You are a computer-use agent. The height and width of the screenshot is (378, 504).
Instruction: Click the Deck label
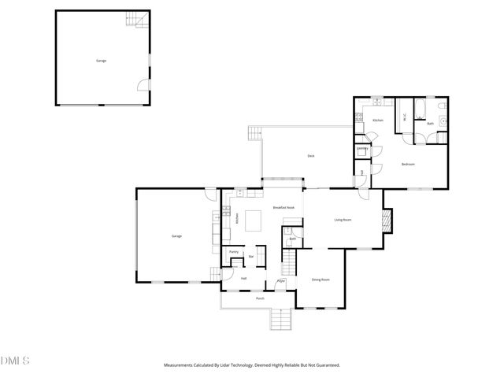(x=311, y=156)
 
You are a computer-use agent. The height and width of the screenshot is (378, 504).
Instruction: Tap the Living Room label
(x=343, y=220)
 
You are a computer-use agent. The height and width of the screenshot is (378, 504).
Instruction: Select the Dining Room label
(x=320, y=280)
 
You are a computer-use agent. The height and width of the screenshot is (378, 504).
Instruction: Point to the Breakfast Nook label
(x=283, y=207)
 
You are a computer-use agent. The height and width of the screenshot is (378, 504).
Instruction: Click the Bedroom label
(x=408, y=164)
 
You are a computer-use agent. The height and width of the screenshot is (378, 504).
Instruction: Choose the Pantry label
(x=234, y=252)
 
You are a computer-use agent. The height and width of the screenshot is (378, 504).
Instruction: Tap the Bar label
(x=251, y=256)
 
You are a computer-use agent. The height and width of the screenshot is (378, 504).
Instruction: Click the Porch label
(x=260, y=299)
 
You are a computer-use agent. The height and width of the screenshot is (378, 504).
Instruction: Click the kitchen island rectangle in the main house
(x=254, y=220)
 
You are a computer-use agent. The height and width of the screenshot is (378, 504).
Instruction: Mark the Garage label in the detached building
(x=102, y=60)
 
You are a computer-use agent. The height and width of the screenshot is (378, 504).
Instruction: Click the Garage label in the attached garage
(x=177, y=236)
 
